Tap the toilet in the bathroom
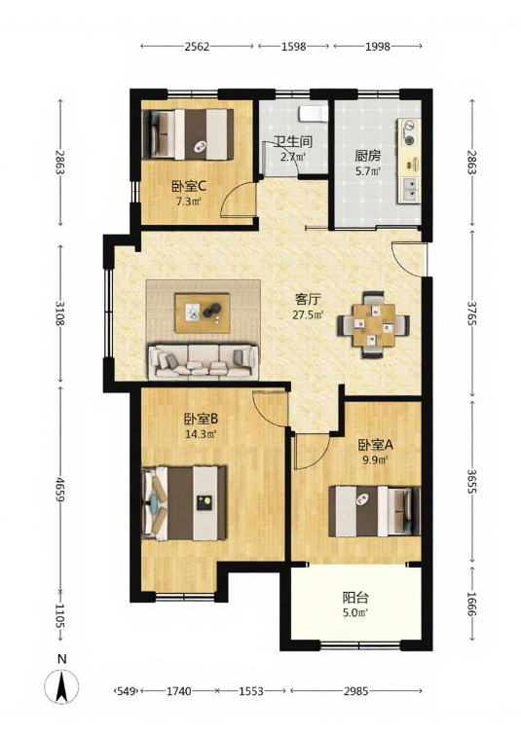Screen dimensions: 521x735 coord(314,113)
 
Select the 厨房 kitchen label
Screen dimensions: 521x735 coord(368,156)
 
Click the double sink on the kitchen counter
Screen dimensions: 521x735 coord(409,189)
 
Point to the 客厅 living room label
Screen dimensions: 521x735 coord(308,299)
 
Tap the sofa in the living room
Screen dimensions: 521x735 coord(204,361)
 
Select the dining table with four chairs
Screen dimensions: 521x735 coord(373,325)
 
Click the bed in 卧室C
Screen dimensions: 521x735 coord(188,134)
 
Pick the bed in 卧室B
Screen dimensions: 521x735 coord(184,503)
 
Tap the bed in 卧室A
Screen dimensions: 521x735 coord(374,511)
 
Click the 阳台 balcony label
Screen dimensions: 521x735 coord(355,598)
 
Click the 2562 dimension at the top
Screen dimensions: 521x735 coord(197,47)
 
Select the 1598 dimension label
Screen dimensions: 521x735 coord(294,47)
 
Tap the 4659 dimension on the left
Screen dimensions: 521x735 coord(60,490)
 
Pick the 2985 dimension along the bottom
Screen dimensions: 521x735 coord(355,691)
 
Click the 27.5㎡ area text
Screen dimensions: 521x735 coord(308,314)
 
